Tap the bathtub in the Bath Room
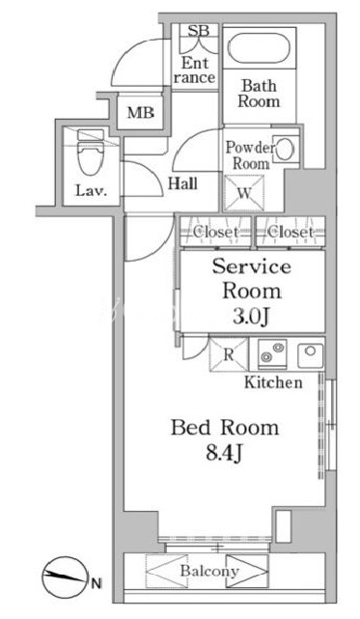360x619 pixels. pos(260,48)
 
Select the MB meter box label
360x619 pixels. pos(141,113)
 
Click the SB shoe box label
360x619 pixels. pos(198,31)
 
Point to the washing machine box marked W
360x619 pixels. pos(244,193)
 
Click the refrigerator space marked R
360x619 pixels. pos(229,354)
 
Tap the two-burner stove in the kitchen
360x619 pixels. pos(272,353)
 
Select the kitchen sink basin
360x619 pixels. pos(310,355)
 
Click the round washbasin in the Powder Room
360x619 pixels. pos(284,150)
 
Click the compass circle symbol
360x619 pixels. pos(65,577)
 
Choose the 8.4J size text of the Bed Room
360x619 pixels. pos(224,454)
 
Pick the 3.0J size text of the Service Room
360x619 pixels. pos(252,317)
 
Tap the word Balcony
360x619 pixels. pos(209,572)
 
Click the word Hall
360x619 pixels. pos(183,183)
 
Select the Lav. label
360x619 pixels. pos(91,191)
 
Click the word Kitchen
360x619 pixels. pos(273,382)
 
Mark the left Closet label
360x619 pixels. pos(215,232)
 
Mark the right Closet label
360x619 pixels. pos(291,232)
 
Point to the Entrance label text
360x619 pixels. pos(195,70)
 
